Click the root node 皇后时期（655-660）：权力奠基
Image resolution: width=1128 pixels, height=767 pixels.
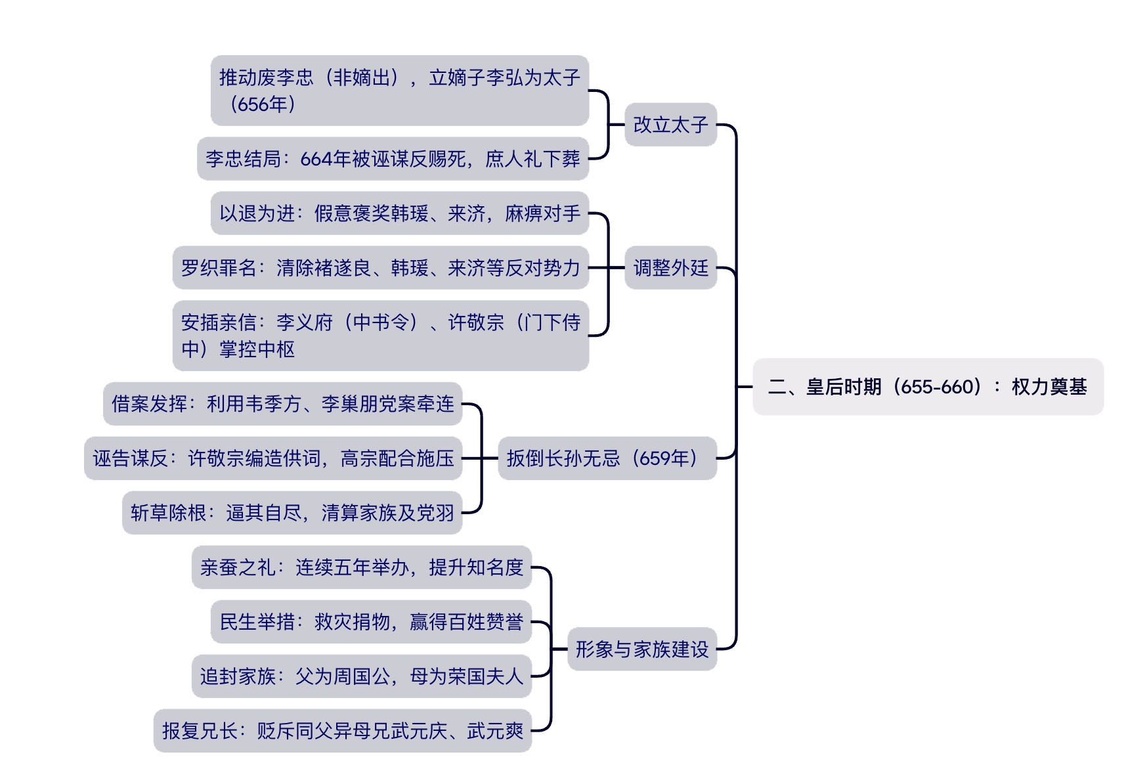click(x=927, y=387)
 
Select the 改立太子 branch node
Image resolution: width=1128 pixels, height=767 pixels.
click(x=670, y=125)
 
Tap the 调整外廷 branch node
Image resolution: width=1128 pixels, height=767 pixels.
click(x=670, y=268)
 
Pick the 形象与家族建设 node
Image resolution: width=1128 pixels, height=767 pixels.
click(x=641, y=649)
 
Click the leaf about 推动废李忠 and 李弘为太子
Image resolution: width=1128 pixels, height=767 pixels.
click(x=399, y=91)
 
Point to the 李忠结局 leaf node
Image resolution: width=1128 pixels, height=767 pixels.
click(x=393, y=159)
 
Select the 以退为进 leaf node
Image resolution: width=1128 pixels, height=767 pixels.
click(x=399, y=213)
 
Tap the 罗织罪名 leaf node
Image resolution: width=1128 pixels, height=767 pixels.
click(x=380, y=268)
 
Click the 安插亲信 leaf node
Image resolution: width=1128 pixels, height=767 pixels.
click(x=380, y=336)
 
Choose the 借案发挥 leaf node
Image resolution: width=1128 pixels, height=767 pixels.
click(x=282, y=404)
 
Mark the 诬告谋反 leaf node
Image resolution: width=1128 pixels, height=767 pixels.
click(x=273, y=458)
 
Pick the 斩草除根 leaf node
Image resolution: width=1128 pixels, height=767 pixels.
click(x=292, y=513)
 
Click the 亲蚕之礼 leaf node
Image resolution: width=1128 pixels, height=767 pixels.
click(x=361, y=567)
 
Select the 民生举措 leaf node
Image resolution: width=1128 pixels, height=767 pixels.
click(x=371, y=622)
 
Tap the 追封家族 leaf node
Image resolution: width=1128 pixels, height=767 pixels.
click(x=361, y=676)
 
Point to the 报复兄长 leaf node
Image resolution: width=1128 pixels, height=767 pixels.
click(x=342, y=731)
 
